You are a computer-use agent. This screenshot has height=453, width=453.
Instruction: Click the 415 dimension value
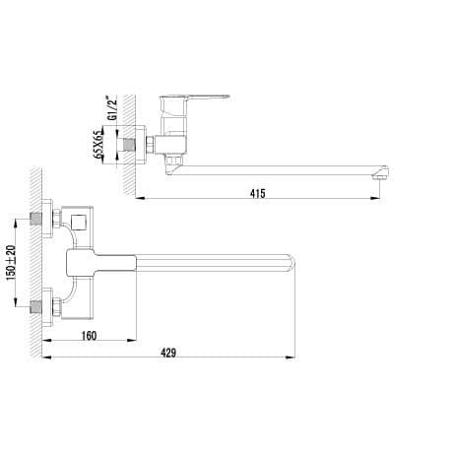258,191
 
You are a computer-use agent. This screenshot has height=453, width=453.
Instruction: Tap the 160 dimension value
90,335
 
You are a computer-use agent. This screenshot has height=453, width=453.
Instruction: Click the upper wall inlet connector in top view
46,218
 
